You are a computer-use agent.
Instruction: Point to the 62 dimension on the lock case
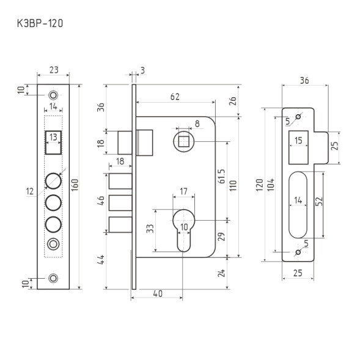click(175, 96)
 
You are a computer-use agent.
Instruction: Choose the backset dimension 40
click(157, 294)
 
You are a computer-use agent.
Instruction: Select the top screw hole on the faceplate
click(54, 95)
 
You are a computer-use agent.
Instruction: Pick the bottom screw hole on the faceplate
click(54, 278)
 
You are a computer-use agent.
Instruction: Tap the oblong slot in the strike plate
click(298, 204)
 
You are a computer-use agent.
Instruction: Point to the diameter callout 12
click(30, 192)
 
